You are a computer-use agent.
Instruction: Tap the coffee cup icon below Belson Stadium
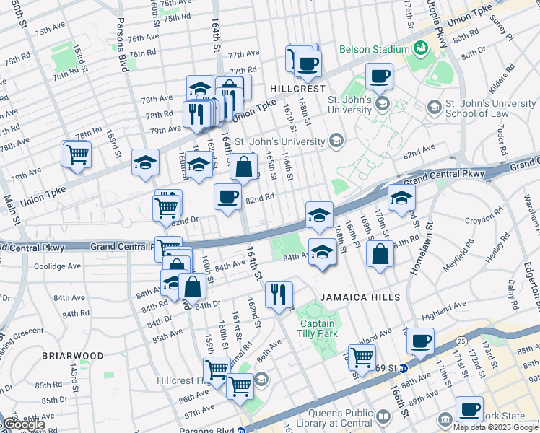coord(379,76)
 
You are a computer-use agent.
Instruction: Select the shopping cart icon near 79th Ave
coord(77,154)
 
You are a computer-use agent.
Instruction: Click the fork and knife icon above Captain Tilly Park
coord(278,294)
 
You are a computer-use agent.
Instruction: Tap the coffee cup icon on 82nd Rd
coord(228,196)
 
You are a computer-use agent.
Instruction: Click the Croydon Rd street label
coord(484,216)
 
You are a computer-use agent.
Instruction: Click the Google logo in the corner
coord(24,425)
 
